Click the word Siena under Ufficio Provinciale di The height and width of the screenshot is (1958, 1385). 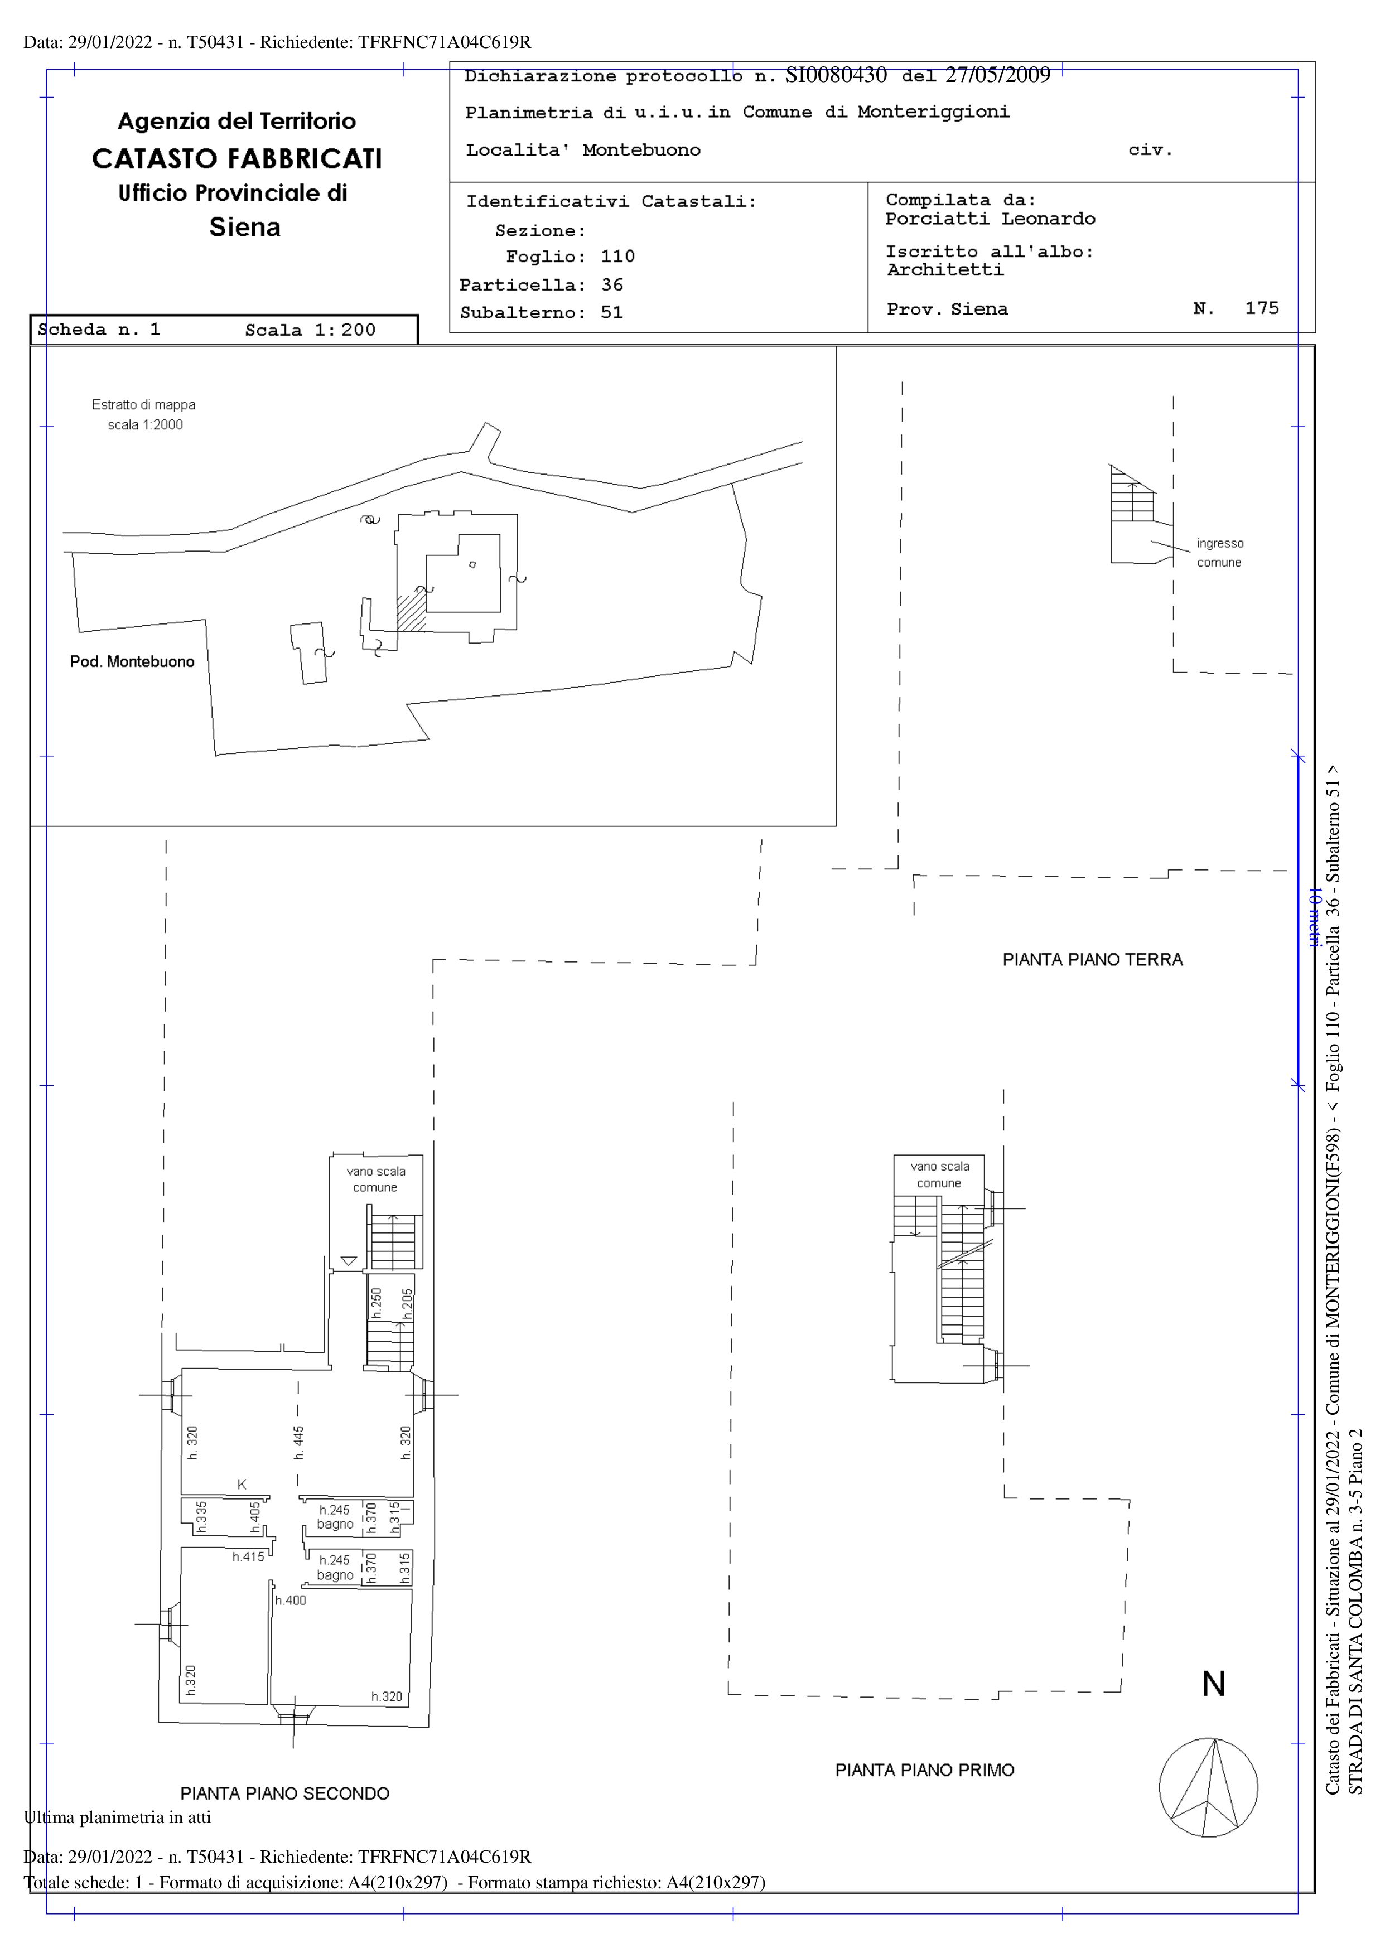[245, 227]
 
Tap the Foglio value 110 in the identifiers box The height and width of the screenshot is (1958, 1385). [617, 256]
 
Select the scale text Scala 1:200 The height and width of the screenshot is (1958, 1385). [311, 330]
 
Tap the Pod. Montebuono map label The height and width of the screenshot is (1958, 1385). [132, 662]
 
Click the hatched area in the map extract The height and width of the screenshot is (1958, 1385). [412, 611]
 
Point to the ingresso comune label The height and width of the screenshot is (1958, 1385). [1219, 553]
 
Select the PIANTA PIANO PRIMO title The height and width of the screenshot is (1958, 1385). [924, 1771]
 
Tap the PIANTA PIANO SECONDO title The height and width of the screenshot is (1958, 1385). [285, 1793]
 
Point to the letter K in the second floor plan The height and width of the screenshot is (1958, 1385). [242, 1485]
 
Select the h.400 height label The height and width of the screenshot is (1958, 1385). [291, 1601]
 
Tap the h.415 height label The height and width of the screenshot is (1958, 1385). [248, 1557]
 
